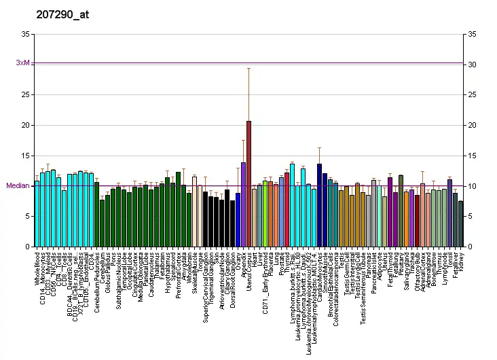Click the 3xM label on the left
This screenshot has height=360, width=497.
tap(22, 62)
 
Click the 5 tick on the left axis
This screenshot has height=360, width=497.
tap(27, 216)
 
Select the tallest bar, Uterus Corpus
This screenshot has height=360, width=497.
tap(249, 183)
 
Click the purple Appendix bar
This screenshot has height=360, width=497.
tap(244, 204)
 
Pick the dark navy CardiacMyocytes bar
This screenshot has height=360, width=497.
tap(319, 204)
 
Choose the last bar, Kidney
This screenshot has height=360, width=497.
tap(460, 223)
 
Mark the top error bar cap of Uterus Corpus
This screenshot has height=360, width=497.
tap(249, 68)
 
